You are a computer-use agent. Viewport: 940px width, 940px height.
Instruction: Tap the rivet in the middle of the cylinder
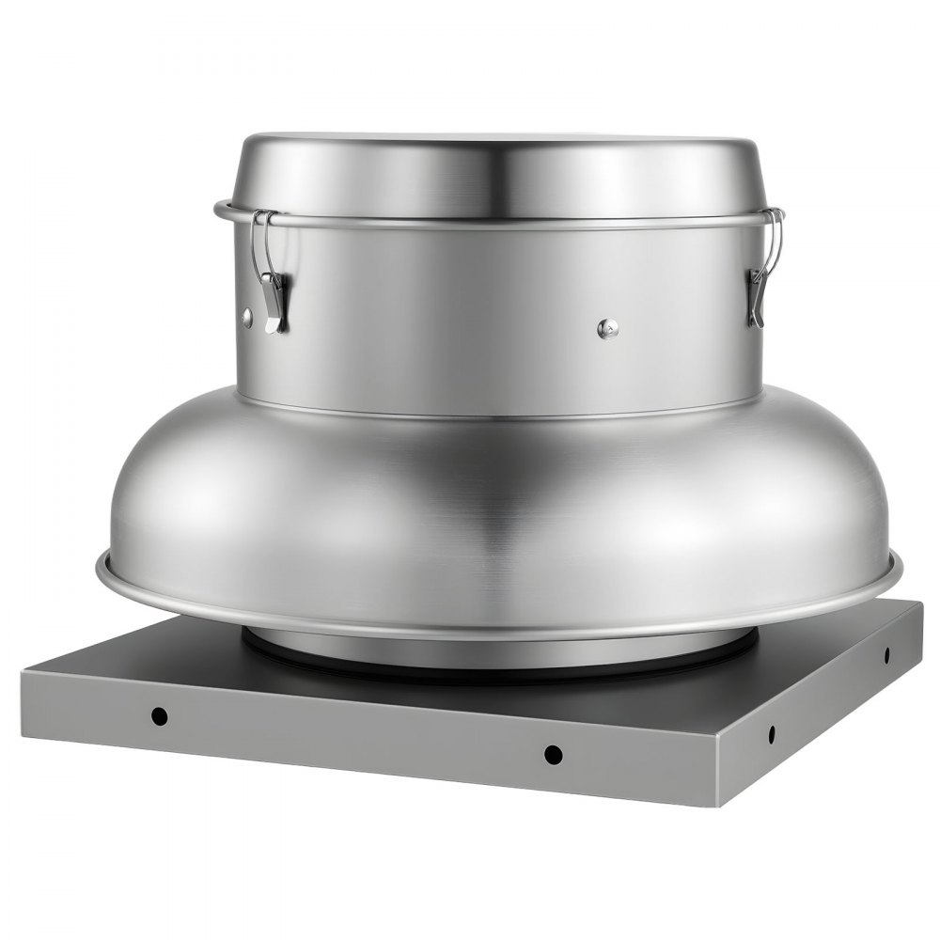coord(608,328)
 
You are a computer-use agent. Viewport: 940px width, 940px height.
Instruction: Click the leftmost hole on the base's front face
coord(160,716)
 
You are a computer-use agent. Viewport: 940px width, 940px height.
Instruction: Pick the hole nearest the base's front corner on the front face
coord(554,753)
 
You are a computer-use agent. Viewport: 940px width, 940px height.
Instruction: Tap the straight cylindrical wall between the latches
coord(498,310)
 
